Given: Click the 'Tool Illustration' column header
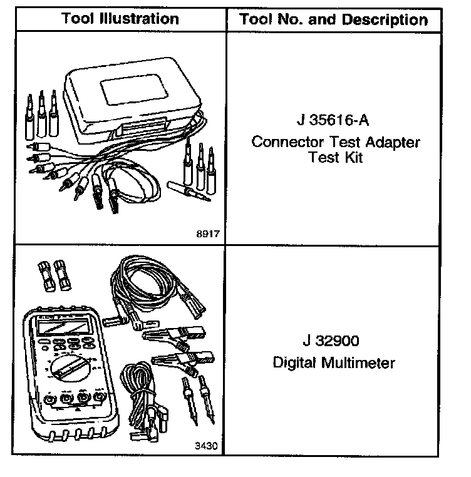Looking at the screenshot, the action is [x=120, y=19].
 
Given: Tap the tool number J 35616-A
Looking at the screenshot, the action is [x=335, y=120].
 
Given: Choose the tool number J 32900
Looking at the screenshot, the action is [x=334, y=342].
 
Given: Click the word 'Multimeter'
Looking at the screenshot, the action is [x=364, y=363].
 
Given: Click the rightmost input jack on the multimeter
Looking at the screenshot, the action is [x=99, y=397].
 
